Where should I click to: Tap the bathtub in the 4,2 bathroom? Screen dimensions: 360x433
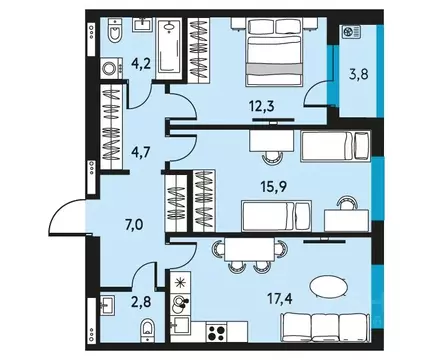pos(172,48)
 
